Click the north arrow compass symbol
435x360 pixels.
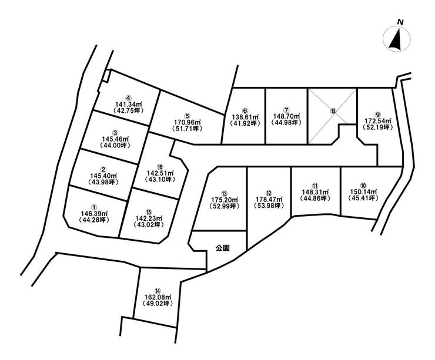[x=397, y=39]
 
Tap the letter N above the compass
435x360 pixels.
[x=400, y=22]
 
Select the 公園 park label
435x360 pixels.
[x=223, y=248]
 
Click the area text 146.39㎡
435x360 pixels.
[x=94, y=213]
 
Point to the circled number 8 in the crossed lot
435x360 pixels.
[x=333, y=111]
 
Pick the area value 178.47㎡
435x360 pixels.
[x=269, y=199]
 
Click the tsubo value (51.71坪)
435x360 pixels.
[x=187, y=128]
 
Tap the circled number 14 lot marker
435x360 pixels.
[x=158, y=291]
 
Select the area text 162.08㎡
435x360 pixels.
[x=158, y=297]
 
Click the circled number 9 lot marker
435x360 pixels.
[x=377, y=115]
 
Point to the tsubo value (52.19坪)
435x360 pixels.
[x=377, y=127]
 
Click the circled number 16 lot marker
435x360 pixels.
[x=160, y=167]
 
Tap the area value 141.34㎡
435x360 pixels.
[x=129, y=104]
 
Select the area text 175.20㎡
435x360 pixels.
[x=225, y=200]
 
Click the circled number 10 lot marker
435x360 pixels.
[x=363, y=185]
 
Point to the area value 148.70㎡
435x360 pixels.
[x=287, y=116]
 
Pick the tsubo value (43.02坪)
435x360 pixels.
[x=148, y=224]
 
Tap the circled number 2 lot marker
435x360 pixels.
[x=103, y=169]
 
